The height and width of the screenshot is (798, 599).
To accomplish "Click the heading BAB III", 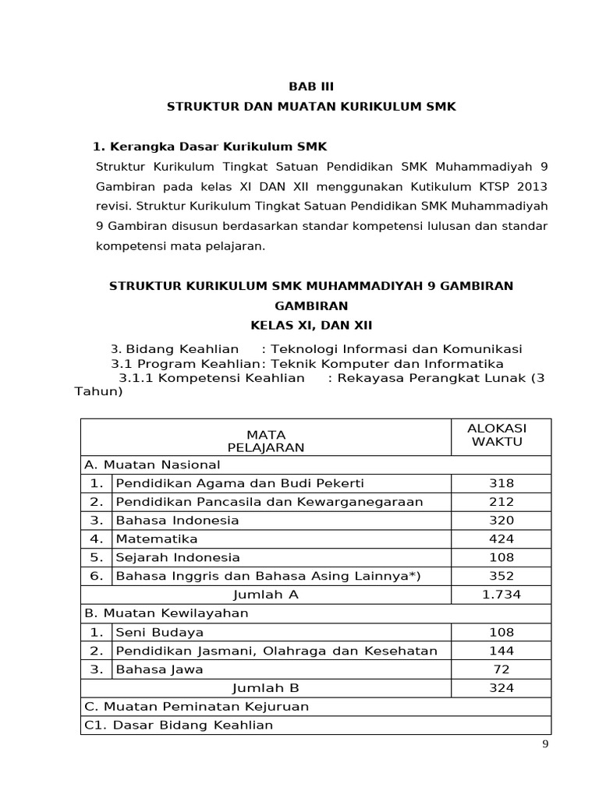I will [x=311, y=87].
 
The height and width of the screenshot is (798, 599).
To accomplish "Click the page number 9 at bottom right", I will [x=546, y=744].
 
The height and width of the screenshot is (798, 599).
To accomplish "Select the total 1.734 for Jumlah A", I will [x=502, y=595].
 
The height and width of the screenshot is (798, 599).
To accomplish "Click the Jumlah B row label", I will [x=266, y=688].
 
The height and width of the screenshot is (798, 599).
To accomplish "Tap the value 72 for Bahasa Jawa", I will [x=501, y=669].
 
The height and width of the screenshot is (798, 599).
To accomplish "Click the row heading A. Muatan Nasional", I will [x=152, y=464].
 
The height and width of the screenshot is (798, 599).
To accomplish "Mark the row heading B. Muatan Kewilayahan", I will [x=166, y=613].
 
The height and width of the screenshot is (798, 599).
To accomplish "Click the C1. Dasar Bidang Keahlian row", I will [x=179, y=726].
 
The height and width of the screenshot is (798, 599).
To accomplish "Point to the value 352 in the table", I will [x=501, y=576].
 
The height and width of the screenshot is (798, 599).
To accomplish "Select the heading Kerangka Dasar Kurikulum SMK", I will [x=211, y=147].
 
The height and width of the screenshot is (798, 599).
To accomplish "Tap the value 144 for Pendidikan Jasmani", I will [x=501, y=651].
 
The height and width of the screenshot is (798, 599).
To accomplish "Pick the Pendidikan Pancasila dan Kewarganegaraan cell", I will [x=269, y=502].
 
